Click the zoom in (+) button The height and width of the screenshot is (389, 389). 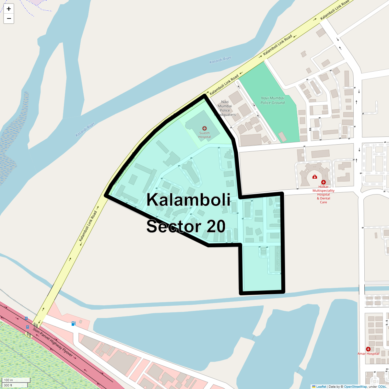(x=9, y=9)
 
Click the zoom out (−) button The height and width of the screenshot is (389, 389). (x=9, y=19)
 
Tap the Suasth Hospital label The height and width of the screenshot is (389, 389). (x=205, y=135)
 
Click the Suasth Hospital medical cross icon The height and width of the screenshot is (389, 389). (x=204, y=129)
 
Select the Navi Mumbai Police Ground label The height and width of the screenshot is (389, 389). (x=273, y=100)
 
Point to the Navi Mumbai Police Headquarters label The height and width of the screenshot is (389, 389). (x=225, y=108)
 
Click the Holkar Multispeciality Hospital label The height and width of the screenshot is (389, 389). (x=324, y=194)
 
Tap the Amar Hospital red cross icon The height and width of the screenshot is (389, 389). (x=368, y=349)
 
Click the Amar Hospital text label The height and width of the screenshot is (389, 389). (x=368, y=354)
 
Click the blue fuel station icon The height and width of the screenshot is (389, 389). (x=74, y=324)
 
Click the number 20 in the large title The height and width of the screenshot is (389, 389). (x=215, y=226)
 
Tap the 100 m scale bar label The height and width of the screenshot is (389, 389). (x=9, y=380)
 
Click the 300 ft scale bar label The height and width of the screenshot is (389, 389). (x=8, y=385)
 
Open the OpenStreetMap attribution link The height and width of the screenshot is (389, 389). (x=355, y=387)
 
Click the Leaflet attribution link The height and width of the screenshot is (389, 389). (x=321, y=387)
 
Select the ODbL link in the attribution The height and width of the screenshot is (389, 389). (x=382, y=387)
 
